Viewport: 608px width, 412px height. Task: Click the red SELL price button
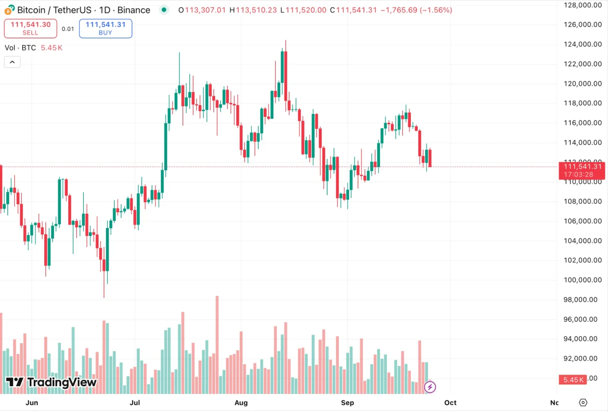30,28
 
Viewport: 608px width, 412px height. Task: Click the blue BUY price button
105,28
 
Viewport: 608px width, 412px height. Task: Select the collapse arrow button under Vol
12,62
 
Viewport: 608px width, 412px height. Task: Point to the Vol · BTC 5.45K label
33,48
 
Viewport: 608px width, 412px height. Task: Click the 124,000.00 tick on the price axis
582,44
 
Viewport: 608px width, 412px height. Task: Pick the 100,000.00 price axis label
582,280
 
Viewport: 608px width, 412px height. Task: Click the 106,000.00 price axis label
582,221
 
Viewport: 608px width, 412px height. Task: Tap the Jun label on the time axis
32,403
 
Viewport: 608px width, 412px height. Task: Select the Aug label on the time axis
241,403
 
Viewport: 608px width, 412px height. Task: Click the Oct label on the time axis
450,403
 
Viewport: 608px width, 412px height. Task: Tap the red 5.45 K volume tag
573,380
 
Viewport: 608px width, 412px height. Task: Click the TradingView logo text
51,382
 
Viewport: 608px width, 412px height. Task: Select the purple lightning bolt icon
430,387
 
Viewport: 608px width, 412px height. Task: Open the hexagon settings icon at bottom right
583,403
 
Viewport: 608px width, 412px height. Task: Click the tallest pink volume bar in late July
217,344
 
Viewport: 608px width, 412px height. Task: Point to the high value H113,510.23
253,10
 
